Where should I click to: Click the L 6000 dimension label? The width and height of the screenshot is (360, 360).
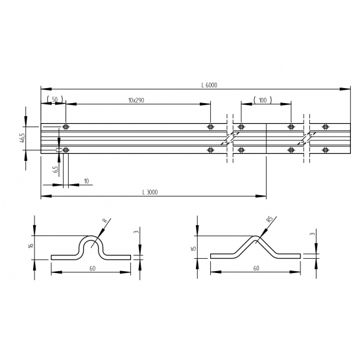coord(209,85)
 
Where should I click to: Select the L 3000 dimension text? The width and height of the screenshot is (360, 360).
coord(150,192)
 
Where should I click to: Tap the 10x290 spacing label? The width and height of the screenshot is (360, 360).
coord(136,101)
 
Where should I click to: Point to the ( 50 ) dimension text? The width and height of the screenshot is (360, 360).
coord(54,99)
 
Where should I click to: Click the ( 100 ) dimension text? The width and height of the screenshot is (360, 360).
coord(263,100)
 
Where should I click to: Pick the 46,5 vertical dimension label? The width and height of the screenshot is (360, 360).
coord(23,138)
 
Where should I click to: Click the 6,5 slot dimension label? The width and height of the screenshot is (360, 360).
coord(55,169)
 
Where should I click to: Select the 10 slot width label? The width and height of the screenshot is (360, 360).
coord(86,181)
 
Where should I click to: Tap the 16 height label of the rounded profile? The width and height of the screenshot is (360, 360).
coord(31,245)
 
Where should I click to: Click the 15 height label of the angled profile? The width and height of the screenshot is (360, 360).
coord(193,248)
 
